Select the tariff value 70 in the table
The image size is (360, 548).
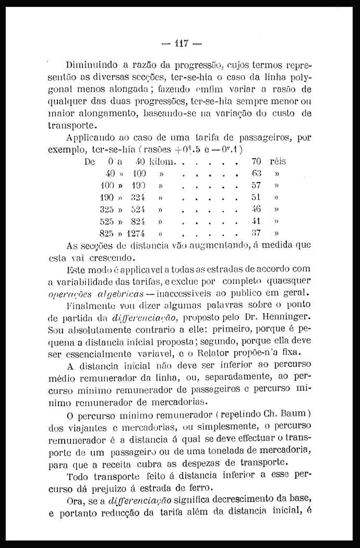point(256,162)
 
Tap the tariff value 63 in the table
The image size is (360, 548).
point(256,174)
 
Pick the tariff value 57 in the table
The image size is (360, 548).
point(256,185)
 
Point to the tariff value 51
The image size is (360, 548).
point(256,197)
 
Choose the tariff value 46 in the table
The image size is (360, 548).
point(256,209)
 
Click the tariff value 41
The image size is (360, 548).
point(256,221)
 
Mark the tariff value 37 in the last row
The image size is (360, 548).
point(256,233)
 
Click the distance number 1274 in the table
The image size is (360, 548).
point(135,233)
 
